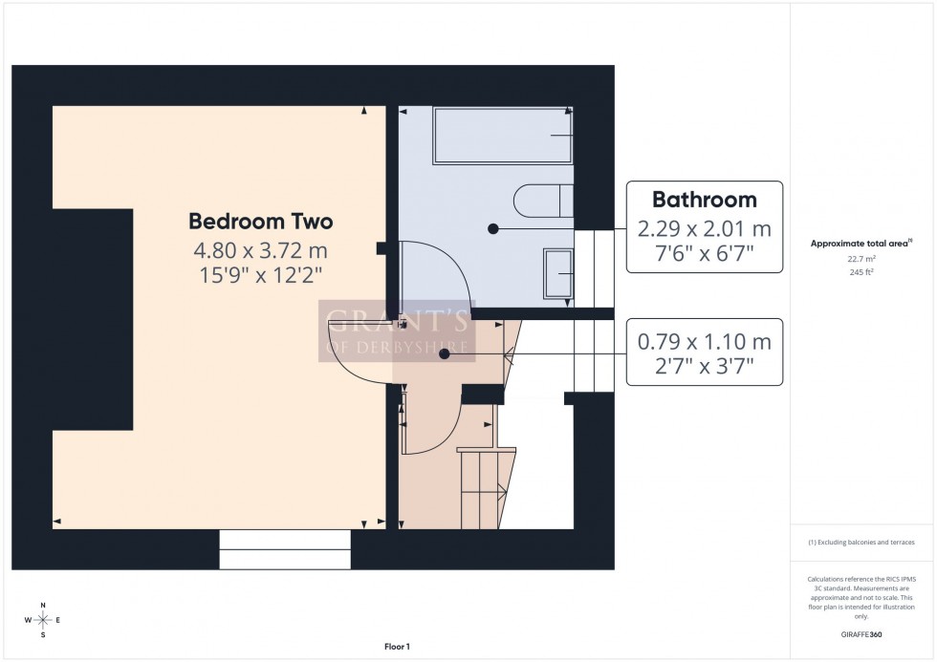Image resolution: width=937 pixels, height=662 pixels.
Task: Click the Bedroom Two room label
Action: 260,222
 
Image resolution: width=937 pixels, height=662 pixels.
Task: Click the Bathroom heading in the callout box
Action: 704,200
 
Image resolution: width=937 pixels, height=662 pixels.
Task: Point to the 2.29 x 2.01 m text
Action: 704,229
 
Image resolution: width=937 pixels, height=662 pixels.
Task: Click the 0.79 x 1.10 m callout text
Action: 704,342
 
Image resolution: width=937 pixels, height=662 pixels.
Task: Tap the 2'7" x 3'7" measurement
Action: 704,365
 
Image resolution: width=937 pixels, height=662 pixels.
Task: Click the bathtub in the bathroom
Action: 503,136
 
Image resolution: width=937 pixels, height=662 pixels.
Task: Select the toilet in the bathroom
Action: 542,203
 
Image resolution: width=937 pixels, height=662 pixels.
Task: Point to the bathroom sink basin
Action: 557,274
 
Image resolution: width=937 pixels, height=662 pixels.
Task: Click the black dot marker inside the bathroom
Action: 493,229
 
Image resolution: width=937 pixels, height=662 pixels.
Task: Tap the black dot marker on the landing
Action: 445,353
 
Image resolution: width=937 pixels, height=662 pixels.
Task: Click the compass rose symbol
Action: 43,620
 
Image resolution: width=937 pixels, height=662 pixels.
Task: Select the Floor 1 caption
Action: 396,647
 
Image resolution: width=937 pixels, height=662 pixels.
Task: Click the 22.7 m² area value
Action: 861,258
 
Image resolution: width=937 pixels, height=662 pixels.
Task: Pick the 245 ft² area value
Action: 861,271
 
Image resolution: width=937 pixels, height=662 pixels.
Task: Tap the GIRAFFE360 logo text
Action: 861,633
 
